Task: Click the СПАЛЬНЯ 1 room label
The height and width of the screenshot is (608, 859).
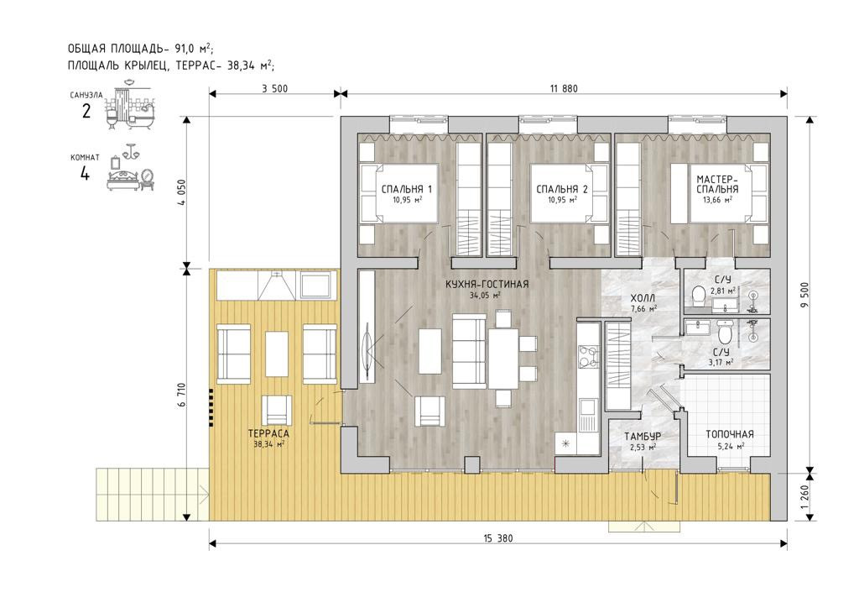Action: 407,189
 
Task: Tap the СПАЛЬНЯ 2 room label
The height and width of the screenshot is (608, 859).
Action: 562,189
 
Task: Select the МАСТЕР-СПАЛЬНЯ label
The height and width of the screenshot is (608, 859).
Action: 717,184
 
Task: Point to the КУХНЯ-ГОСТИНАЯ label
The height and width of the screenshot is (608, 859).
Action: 487,284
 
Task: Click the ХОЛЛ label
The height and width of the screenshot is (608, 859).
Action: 643,298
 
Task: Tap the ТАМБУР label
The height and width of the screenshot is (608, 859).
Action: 643,437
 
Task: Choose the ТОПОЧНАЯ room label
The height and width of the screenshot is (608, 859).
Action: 729,434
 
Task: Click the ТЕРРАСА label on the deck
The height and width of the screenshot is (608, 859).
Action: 268,433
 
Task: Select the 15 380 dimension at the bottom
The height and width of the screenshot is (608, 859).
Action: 498,538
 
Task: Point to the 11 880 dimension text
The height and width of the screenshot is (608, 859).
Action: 563,88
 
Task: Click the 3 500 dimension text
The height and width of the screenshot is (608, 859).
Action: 274,88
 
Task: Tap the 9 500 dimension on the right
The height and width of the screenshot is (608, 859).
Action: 804,295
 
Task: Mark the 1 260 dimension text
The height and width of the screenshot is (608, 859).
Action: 804,496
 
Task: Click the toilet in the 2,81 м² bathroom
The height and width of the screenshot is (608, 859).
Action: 699,295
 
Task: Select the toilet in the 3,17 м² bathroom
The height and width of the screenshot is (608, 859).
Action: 724,331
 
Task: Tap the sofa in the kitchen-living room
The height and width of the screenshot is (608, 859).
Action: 469,350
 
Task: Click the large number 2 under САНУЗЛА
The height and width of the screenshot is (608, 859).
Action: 86,112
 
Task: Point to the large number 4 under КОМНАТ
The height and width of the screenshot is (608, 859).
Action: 85,174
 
